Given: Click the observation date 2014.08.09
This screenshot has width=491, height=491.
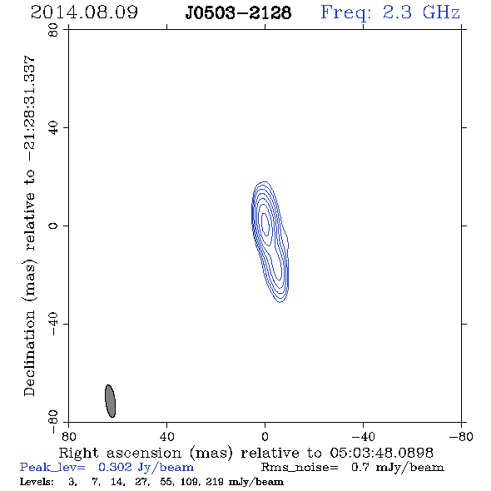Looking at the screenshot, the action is coord(84,12).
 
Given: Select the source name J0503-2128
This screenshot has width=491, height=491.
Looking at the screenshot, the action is coord(238,13).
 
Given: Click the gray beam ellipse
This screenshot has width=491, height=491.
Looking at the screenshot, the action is coord(110,401).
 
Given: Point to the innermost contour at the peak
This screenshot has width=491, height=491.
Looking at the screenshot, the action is coord(265,224).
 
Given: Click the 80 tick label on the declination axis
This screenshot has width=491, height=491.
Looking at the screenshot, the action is coord(53,30).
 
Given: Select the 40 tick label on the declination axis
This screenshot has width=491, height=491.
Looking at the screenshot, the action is coord(53,128).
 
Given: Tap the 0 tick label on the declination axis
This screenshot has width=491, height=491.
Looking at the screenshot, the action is coord(53,226).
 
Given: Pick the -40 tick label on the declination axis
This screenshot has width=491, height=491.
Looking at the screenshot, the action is coord(53,324).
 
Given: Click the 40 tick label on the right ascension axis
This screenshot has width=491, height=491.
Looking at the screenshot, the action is coord(167,436).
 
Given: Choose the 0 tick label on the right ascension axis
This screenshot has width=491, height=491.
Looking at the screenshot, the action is coord(265,436).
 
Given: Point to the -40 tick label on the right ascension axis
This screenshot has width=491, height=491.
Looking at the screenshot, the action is coord(363,436).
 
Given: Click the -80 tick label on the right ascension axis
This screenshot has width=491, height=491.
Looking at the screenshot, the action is coord(461,436).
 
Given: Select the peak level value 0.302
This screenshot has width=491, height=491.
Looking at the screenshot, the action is coord(115,467).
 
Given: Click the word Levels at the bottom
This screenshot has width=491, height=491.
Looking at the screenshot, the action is coord(37,481).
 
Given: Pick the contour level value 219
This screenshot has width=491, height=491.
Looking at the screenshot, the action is coord(215,481).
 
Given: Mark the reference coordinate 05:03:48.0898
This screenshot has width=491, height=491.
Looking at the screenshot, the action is coord(381,453).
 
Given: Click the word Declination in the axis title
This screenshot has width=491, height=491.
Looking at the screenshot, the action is coord(29,353).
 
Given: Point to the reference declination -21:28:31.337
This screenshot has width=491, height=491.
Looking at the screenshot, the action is coord(29,108).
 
